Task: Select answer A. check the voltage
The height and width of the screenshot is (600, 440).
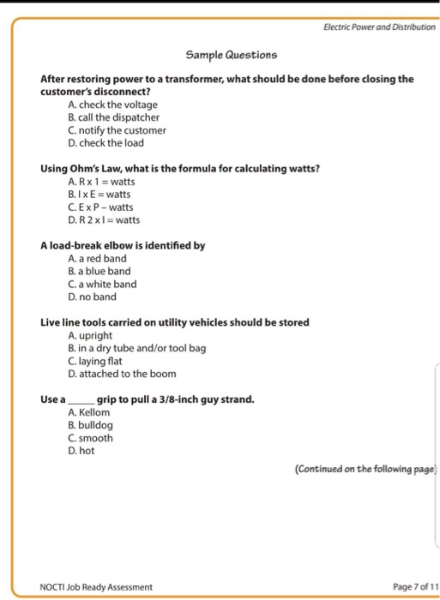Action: click(112, 105)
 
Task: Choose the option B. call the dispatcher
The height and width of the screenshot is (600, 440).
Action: click(113, 117)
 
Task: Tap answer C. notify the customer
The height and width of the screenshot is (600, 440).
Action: click(116, 130)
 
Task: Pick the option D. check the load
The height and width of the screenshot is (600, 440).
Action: click(105, 143)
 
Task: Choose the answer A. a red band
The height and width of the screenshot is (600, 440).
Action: click(96, 259)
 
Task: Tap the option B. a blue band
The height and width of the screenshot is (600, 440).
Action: click(98, 272)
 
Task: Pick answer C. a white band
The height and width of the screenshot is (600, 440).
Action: click(101, 285)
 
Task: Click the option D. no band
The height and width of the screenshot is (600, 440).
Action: click(91, 297)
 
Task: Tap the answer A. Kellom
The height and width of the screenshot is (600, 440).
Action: click(87, 412)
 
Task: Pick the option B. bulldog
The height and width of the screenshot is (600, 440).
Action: click(89, 425)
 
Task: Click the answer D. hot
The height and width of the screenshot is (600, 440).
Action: click(81, 451)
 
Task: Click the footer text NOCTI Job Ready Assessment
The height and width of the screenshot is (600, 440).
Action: click(96, 586)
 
